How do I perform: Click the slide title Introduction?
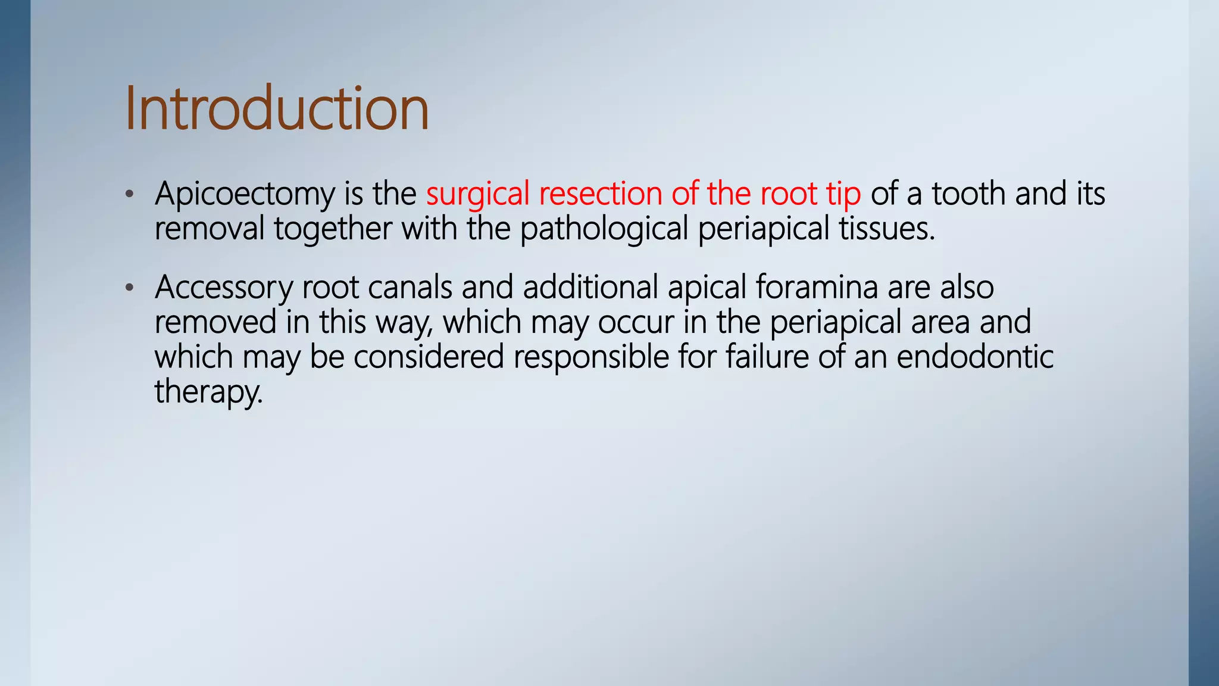[x=277, y=108]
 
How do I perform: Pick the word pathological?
[x=604, y=229]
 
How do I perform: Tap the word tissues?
[x=886, y=229]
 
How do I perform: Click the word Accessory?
[x=223, y=288]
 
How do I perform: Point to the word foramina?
[x=817, y=287]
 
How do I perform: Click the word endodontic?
[x=974, y=357]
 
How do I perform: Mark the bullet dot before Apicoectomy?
[x=130, y=194]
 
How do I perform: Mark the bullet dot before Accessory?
[x=130, y=288]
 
